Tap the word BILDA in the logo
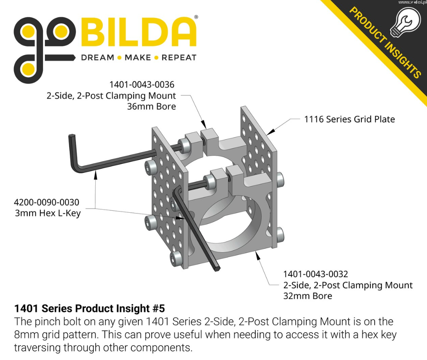(x=138, y=32)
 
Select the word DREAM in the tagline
(x=98, y=58)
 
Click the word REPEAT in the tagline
(x=179, y=58)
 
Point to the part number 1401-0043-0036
(x=142, y=84)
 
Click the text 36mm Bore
(x=151, y=106)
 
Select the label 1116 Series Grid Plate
(x=349, y=119)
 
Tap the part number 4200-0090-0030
(x=46, y=202)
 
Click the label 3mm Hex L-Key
(x=48, y=213)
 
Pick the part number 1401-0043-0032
(x=316, y=274)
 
